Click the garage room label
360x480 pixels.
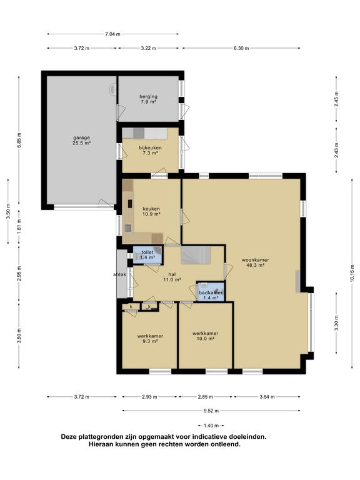[81, 140]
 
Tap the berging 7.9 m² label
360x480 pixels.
[149, 99]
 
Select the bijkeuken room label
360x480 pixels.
[150, 150]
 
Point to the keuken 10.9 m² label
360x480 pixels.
[151, 211]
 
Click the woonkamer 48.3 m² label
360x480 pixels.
[255, 262]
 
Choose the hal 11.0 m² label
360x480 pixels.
[172, 277]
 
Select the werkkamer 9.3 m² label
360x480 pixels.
[150, 339]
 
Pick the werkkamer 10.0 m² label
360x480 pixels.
[205, 336]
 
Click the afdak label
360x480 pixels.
[120, 274]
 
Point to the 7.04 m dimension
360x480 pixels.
[112, 34]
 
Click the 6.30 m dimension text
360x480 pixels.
[241, 48]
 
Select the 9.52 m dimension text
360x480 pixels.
[211, 411]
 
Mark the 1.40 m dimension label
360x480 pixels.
[211, 426]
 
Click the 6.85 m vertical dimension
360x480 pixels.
[19, 140]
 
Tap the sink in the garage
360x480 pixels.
[113, 89]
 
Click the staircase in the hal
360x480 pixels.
[196, 256]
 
